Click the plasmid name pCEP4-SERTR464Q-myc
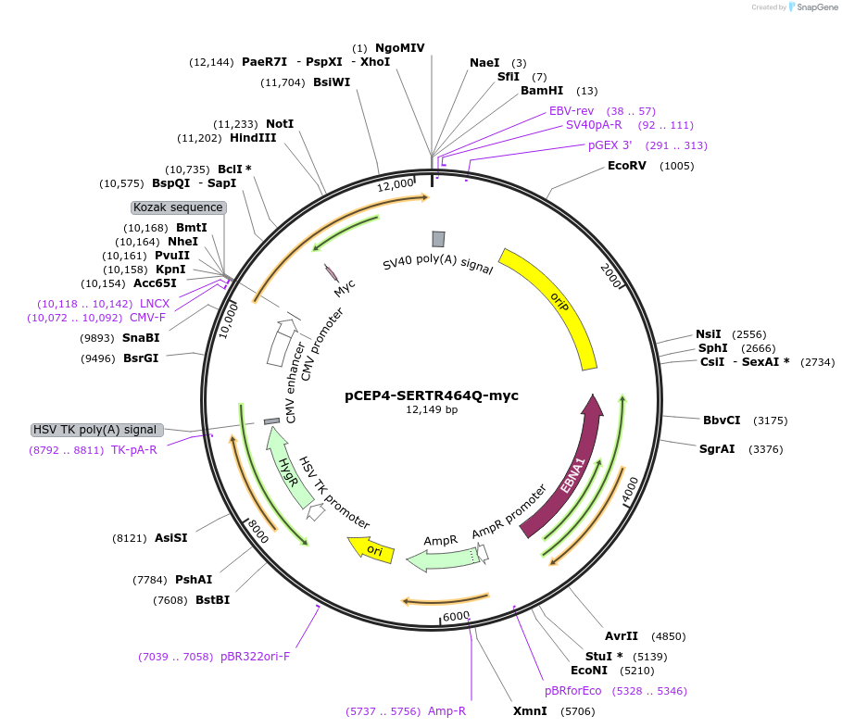pos(432,395)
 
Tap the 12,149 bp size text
pos(432,409)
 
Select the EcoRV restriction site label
pos(626,166)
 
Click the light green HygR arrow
pos(293,478)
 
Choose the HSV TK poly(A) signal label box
pos(96,430)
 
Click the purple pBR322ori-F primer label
pos(255,657)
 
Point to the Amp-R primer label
pos(446,711)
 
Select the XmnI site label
pos(530,711)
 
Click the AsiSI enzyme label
pos(171,537)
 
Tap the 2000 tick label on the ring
pos(612,275)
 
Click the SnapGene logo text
pos(811,7)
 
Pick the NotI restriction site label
pos(280,124)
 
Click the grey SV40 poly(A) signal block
pos(438,239)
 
